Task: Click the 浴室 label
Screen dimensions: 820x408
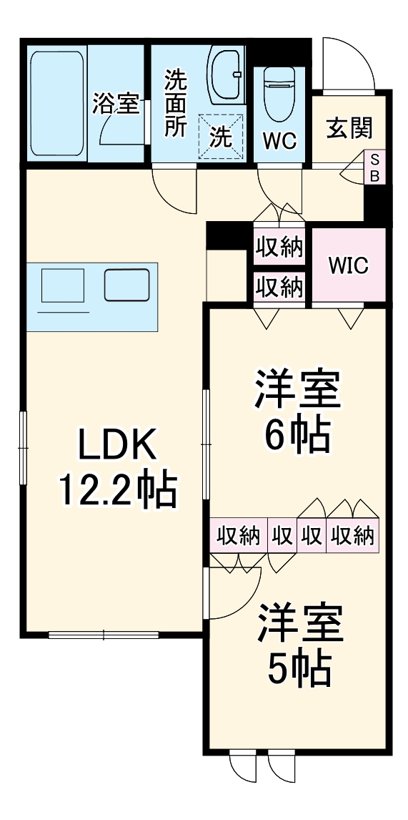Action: tap(115, 104)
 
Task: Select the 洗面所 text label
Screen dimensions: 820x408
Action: tap(176, 103)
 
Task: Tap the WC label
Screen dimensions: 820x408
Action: tap(279, 141)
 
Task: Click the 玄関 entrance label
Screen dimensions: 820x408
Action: tap(350, 129)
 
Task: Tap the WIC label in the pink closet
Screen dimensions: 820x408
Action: tap(348, 265)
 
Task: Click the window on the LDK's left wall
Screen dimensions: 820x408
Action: tap(23, 449)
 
